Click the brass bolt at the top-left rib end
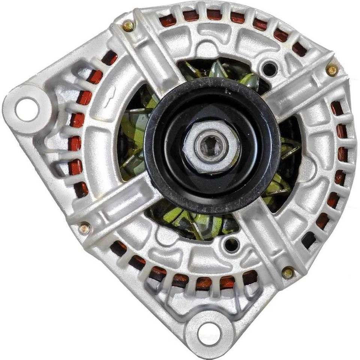129,25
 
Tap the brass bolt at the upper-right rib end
331,70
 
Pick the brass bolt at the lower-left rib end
84,228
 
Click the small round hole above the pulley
269,69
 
